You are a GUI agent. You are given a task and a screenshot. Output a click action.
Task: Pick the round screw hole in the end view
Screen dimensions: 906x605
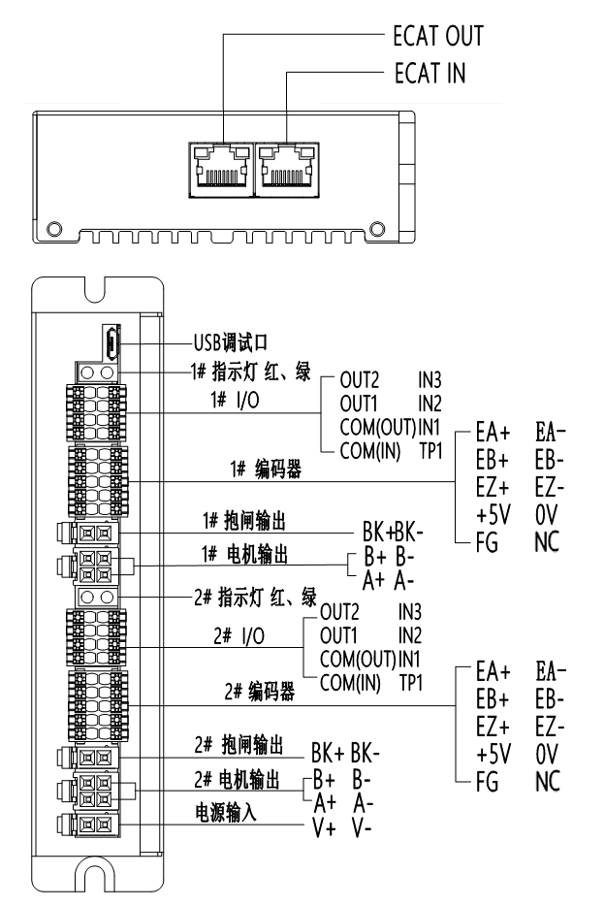pos(57,230)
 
